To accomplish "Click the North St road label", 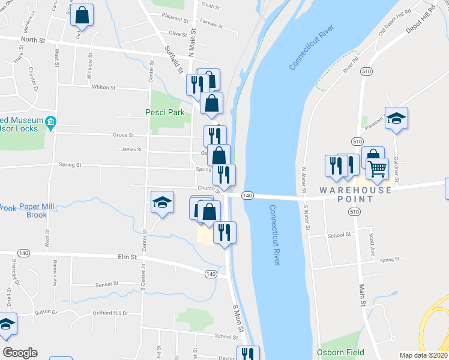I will pyautogui.click(x=33, y=40).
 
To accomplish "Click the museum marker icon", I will pyautogui.click(x=50, y=124).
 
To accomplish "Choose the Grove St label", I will pyautogui.click(x=123, y=135).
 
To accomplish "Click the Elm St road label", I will pyautogui.click(x=127, y=256).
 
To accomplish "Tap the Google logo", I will pyautogui.click(x=20, y=353).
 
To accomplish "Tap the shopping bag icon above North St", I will pyautogui.click(x=82, y=15).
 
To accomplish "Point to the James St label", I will pyautogui.click(x=131, y=149).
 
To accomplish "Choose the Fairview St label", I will pyautogui.click(x=211, y=26).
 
